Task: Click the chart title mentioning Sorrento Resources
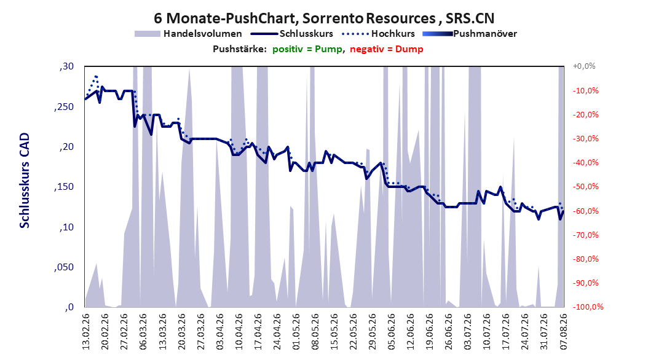point(324,18)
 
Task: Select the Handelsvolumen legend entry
point(189,34)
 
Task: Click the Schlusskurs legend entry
point(292,34)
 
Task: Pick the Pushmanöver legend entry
point(470,34)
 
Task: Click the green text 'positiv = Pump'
point(307,49)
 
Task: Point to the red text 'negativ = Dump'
point(387,49)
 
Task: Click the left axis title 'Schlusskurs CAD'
point(25,180)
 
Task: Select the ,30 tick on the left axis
point(66,66)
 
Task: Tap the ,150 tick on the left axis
point(64,187)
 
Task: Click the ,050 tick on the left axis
point(64,267)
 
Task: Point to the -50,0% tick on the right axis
point(585,187)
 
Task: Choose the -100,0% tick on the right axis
point(588,307)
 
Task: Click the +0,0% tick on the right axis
point(584,66)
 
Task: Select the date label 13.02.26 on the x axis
point(86,332)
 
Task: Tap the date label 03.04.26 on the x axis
point(220,332)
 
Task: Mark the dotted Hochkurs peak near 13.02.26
point(96,76)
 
